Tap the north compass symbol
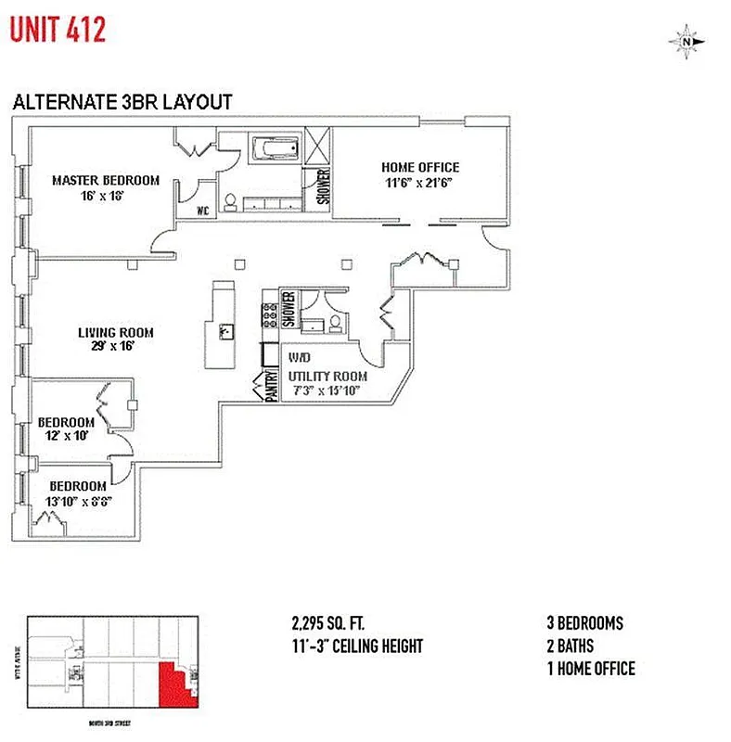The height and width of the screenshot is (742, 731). (686, 41)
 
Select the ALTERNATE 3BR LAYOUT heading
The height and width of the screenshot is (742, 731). (122, 103)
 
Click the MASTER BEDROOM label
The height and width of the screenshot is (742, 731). (106, 180)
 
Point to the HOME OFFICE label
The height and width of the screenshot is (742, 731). (420, 167)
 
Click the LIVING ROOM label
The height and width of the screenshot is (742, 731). (115, 332)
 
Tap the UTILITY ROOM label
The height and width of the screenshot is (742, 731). (327, 376)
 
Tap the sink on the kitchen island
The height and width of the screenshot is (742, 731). (225, 331)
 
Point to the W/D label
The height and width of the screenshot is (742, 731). (300, 357)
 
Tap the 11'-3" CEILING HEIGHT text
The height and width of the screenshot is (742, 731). (357, 646)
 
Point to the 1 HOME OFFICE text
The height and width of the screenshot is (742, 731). (591, 668)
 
